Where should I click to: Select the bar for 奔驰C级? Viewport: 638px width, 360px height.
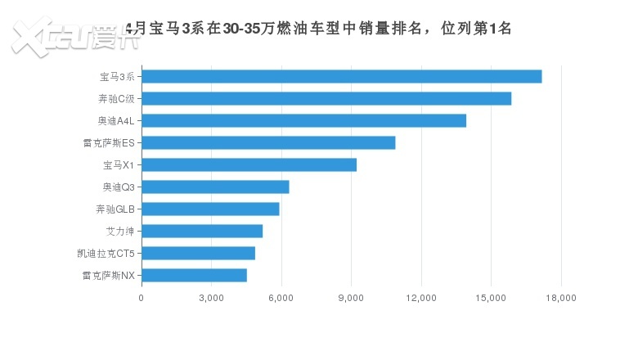click(326, 99)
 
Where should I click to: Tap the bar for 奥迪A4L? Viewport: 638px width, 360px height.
click(303, 121)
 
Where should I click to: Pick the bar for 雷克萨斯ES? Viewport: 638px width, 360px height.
click(268, 143)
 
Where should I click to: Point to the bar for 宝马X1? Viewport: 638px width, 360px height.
click(249, 165)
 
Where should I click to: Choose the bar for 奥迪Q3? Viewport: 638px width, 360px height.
click(215, 187)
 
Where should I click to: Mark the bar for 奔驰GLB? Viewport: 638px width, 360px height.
click(210, 209)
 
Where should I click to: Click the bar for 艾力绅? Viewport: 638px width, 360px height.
click(202, 232)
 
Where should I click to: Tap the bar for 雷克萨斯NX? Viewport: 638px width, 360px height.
click(194, 276)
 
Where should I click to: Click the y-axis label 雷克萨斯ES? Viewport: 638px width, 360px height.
click(109, 143)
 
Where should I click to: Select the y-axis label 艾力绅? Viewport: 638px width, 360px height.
click(120, 232)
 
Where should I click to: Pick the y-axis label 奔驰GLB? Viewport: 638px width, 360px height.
click(115, 209)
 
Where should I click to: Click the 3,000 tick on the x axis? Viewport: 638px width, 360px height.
click(211, 298)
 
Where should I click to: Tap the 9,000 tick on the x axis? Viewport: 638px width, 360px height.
click(351, 298)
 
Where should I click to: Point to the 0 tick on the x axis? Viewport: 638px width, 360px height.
click(142, 298)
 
